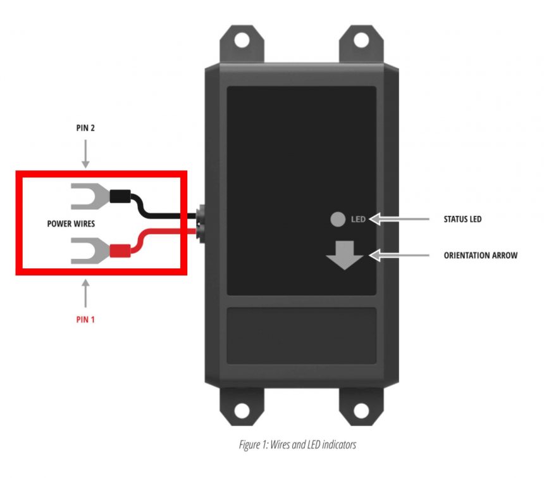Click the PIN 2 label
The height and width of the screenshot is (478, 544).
(85, 127)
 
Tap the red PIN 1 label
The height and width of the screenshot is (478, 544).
(85, 319)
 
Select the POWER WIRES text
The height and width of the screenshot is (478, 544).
(71, 223)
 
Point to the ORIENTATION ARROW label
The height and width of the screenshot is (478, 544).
(481, 256)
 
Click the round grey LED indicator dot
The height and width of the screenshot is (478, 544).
(337, 220)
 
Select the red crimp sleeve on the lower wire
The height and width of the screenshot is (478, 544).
(120, 250)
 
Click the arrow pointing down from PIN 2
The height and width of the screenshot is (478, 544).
(85, 155)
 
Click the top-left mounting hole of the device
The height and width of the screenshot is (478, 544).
(242, 39)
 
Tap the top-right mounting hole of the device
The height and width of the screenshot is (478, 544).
(361, 39)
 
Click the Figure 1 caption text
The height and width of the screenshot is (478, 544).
(297, 445)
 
